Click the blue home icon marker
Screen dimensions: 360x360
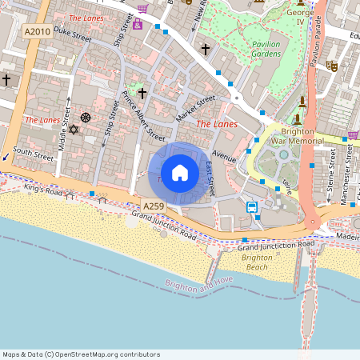(x=180, y=173)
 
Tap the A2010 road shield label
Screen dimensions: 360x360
(x=38, y=31)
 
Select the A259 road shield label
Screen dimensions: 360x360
(x=154, y=206)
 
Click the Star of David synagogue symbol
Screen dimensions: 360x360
(x=73, y=129)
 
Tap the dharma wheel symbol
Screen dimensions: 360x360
(x=86, y=118)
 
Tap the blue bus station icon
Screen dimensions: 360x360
(x=252, y=207)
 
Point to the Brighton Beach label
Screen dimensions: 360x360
(x=256, y=262)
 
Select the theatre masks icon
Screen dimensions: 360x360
(x=330, y=67)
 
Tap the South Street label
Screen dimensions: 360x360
(x=33, y=151)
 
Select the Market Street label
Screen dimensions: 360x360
(x=196, y=109)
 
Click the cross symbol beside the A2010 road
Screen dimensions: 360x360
(x=6, y=80)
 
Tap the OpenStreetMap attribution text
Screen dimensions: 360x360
(x=81, y=354)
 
